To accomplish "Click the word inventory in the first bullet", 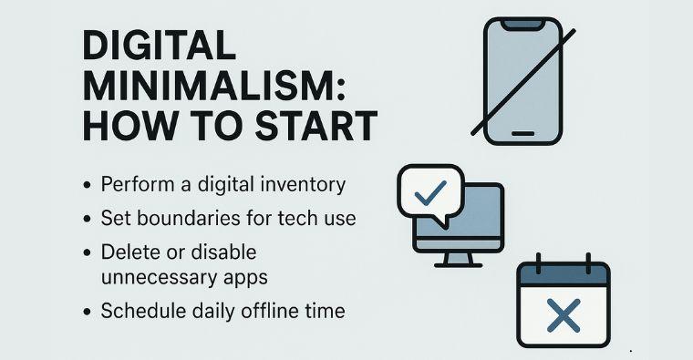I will (x=302, y=185).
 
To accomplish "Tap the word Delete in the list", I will (x=129, y=252).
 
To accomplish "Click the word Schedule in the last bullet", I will (x=141, y=311).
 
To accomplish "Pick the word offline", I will (x=264, y=311).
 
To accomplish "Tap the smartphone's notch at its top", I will (x=522, y=25).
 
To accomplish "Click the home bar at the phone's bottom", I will (x=522, y=133).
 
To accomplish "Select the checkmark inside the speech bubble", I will (x=430, y=190).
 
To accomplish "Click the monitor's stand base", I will (x=458, y=263).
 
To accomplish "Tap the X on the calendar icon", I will (x=564, y=316).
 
